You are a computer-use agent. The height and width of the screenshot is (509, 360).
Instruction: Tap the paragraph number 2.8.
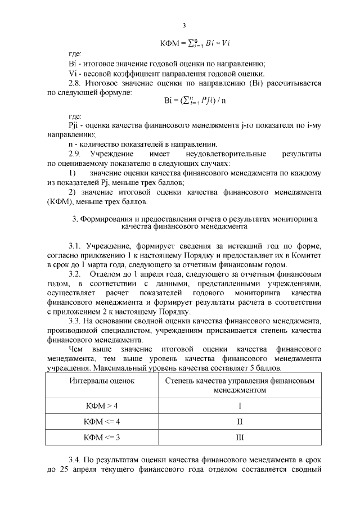point(74,83)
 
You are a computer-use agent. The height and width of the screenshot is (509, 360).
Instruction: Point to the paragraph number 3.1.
point(75,246)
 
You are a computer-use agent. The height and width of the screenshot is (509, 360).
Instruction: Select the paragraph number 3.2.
point(75,274)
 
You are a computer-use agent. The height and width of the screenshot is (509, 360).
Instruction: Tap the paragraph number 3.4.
point(75,459)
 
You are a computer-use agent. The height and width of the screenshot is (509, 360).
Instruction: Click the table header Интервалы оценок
point(102,381)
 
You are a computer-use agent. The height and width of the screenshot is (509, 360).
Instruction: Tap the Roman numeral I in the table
point(240,406)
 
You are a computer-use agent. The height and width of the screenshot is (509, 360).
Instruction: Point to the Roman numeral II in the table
point(240,421)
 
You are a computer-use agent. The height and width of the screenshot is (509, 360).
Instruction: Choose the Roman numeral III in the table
point(240,436)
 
